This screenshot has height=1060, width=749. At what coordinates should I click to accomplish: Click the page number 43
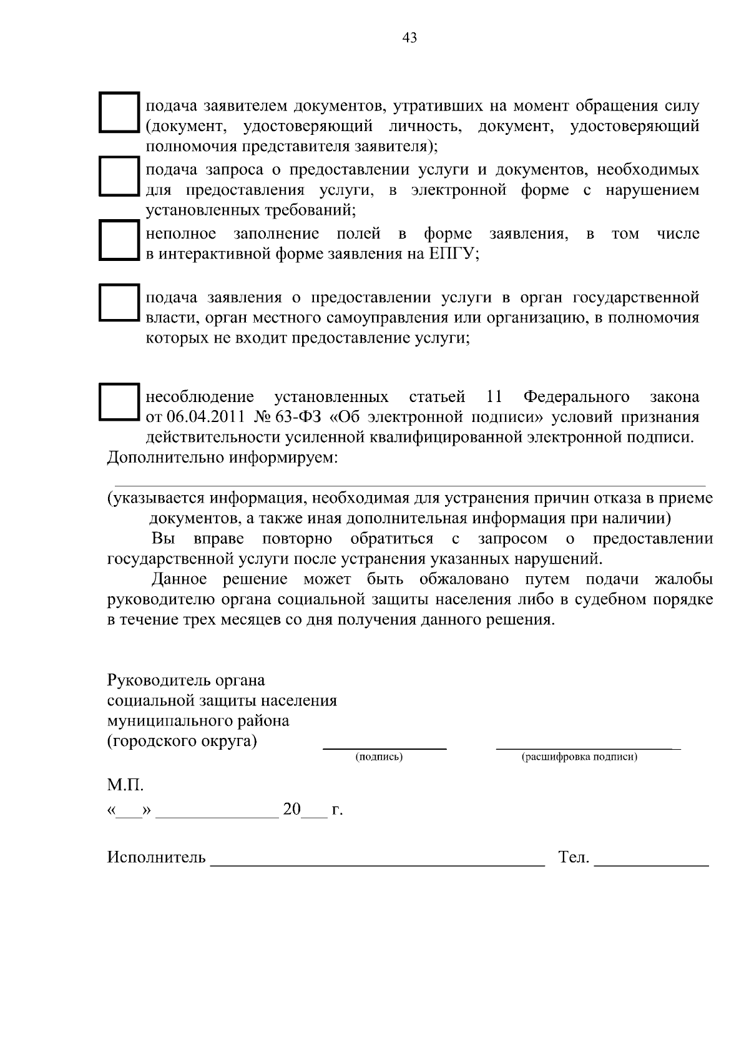point(409,38)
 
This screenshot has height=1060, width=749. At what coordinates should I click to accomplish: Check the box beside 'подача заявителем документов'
point(119,112)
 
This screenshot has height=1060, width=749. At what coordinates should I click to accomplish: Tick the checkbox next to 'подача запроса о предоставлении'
point(119,176)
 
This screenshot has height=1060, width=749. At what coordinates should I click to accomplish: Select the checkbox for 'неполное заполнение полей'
point(119,240)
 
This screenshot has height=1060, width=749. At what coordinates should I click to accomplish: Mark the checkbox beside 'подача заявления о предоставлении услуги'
point(119,303)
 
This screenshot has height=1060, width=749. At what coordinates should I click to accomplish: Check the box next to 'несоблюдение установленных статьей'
point(119,402)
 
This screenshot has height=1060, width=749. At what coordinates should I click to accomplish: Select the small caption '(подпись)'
point(379,757)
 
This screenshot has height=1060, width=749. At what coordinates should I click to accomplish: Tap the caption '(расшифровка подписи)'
point(579,757)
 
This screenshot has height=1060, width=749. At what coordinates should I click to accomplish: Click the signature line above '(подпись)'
point(384,747)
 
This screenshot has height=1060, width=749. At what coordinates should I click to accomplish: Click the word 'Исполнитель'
point(156,857)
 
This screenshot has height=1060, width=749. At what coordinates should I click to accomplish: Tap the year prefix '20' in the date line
point(291,810)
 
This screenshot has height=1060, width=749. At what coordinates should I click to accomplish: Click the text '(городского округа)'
point(182,742)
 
